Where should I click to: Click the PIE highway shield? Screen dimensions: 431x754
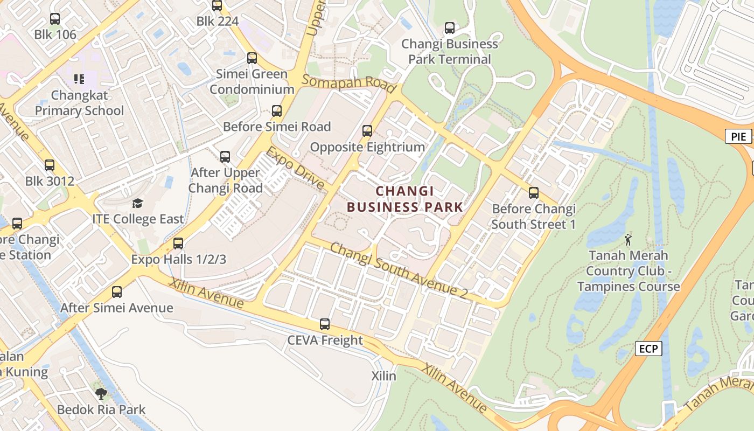pos(738,137)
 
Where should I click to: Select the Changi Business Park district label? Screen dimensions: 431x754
pos(404,199)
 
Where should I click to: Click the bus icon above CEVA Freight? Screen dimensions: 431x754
pos(325,324)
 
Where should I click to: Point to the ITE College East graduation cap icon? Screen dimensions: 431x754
pos(138,203)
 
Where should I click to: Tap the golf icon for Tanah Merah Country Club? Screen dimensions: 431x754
pos(628,239)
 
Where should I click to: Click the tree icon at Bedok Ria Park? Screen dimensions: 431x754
pos(101,393)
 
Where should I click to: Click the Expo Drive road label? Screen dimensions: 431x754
pos(296,168)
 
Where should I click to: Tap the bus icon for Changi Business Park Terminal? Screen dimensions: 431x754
pos(450,27)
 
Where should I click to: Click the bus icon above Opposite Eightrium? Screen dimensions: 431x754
pos(367,130)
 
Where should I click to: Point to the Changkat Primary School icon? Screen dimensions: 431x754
pos(79,79)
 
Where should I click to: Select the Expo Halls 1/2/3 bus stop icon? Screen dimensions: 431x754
pos(178,243)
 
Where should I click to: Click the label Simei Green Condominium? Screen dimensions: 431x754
pos(252,81)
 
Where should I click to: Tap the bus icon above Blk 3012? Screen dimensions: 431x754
pos(50,165)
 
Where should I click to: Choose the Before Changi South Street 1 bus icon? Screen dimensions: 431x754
pos(534,192)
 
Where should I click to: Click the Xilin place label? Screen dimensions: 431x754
pos(384,376)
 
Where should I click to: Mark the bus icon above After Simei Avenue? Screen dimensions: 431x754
pos(117,291)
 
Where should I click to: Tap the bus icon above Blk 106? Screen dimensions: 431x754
pos(55,19)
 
